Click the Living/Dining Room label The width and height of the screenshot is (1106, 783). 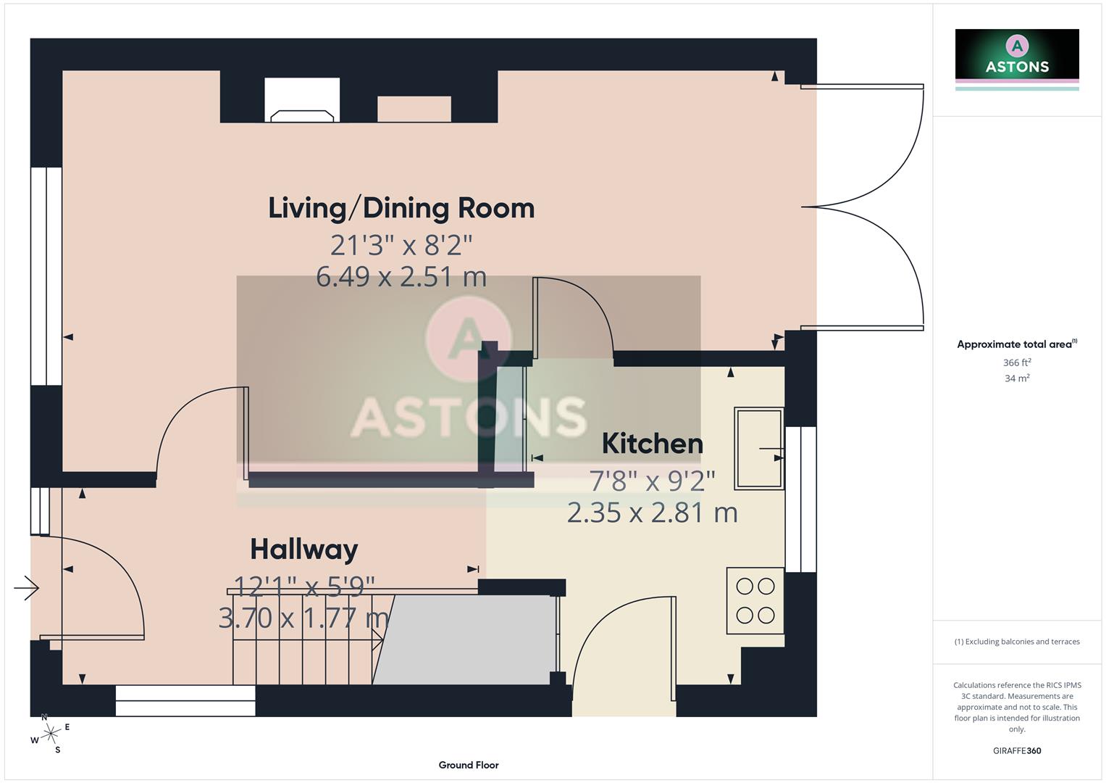click(401, 208)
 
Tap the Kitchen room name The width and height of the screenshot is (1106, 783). click(652, 444)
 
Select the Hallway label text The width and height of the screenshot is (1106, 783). click(303, 550)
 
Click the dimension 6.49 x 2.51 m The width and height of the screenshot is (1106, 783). click(401, 277)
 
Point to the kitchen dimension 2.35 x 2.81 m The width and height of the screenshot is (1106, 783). click(652, 513)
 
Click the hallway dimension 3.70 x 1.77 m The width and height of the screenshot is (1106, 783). click(303, 618)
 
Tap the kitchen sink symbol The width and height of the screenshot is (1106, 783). click(758, 448)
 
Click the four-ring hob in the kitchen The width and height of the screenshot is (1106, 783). click(755, 600)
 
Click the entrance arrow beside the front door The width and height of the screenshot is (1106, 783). click(26, 587)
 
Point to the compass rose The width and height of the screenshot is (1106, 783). click(50, 734)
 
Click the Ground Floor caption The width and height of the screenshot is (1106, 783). click(468, 765)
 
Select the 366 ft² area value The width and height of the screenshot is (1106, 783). click(1016, 362)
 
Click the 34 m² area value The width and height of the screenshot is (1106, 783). click(1016, 378)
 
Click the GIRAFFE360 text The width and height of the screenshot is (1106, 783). click(1016, 750)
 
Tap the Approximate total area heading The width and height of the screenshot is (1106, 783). click(1016, 344)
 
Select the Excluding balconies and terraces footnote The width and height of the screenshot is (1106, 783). click(1016, 642)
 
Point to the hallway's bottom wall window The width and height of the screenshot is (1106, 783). click(185, 700)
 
